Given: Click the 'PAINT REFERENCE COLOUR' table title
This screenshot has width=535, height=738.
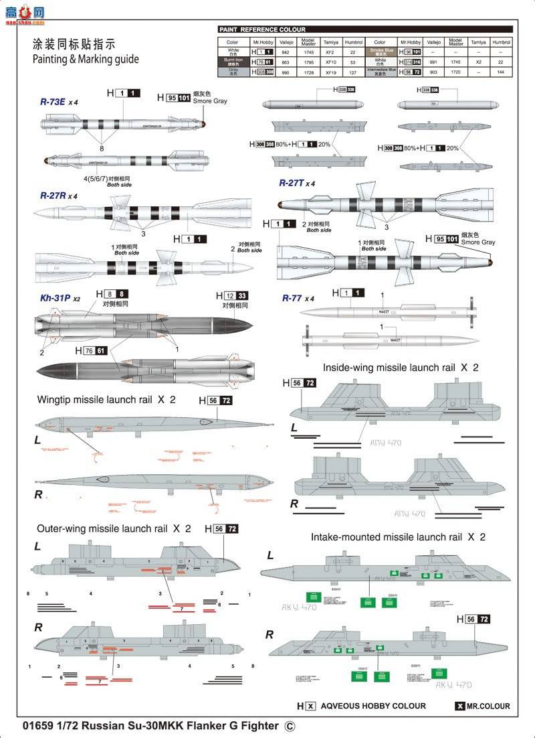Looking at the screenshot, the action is (263, 29).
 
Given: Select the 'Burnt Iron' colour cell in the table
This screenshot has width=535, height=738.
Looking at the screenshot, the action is (233, 60).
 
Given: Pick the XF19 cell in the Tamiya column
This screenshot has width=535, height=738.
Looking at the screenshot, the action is (330, 71).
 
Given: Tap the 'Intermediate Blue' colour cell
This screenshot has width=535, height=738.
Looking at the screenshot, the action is (380, 71).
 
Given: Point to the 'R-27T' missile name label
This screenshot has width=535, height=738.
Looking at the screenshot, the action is (293, 183).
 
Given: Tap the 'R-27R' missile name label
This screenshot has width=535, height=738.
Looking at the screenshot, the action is (53, 196).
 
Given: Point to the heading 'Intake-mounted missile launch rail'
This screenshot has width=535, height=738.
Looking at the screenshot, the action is (389, 537).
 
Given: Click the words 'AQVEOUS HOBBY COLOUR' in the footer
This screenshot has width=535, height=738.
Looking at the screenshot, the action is (373, 705).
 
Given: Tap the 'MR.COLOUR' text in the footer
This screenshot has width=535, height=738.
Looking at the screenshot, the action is (488, 706).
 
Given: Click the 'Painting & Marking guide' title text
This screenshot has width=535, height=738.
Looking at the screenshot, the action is (86, 59).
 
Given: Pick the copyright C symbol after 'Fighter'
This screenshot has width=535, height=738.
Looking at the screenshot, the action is (289, 725).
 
